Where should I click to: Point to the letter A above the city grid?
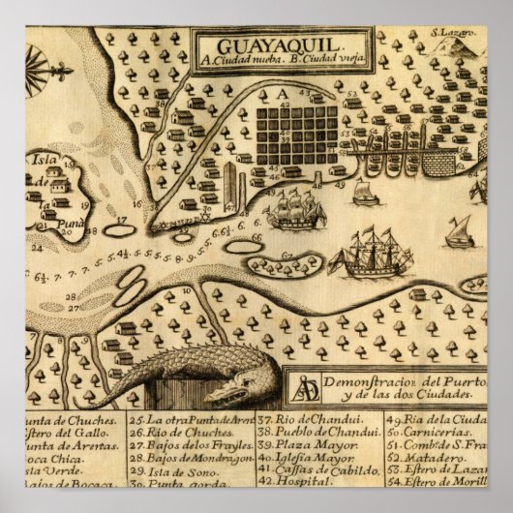pos(283,94)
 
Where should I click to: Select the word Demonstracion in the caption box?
pos(377,380)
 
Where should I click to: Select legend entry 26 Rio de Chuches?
pos(175,434)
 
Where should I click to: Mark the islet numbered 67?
pos(287,257)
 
